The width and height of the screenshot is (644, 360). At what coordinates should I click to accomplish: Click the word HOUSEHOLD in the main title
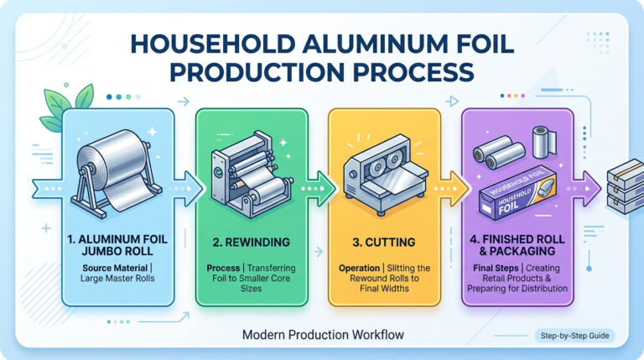[x=213, y=44]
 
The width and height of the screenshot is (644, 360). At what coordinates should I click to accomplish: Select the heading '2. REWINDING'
[x=252, y=242]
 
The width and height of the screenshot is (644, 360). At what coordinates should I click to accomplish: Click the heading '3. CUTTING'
[x=384, y=242]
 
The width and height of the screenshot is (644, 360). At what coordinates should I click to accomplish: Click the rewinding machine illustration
[x=252, y=174]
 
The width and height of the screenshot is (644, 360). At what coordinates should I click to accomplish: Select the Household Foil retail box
[x=517, y=193]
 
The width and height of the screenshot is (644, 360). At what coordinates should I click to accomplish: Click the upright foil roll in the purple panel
[x=544, y=142]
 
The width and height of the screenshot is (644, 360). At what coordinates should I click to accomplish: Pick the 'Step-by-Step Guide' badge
[x=574, y=336]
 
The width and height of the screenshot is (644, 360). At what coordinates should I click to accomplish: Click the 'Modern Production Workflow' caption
[x=323, y=335]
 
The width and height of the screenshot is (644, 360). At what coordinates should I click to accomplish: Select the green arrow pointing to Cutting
[x=319, y=189]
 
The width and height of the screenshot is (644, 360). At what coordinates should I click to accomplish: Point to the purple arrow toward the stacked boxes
[x=585, y=189]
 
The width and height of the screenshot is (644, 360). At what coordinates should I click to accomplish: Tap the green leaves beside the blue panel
[x=65, y=107]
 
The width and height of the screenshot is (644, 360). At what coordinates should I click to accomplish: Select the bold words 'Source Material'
[x=115, y=268]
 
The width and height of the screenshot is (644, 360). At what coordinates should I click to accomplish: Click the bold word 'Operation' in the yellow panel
[x=360, y=268]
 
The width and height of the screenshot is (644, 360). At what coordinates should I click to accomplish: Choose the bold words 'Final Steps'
[x=496, y=268]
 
